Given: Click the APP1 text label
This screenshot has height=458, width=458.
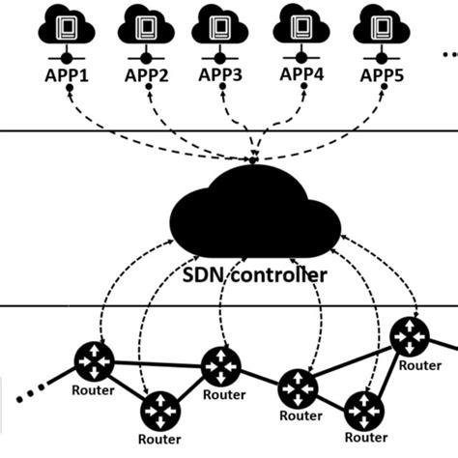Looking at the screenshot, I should coord(66,73).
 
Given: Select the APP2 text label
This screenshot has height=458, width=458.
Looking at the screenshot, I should coord(146,74).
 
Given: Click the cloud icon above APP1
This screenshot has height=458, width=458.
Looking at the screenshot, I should coord(67,27).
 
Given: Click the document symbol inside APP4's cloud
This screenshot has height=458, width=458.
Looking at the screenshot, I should coord(302,24).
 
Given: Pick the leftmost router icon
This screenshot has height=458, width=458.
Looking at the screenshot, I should coord(95,362).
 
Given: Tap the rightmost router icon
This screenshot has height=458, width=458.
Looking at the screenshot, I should coord(410,336).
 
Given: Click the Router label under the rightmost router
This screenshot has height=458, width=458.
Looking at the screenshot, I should coord(420,365).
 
